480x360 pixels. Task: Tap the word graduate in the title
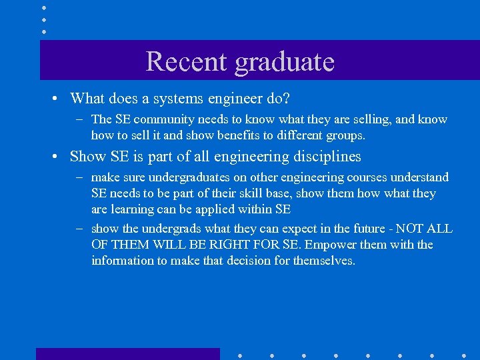[x=285, y=63]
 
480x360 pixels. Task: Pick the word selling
[x=382, y=120]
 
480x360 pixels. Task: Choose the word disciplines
[x=323, y=157]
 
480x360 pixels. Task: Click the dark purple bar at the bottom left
[x=127, y=354]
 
